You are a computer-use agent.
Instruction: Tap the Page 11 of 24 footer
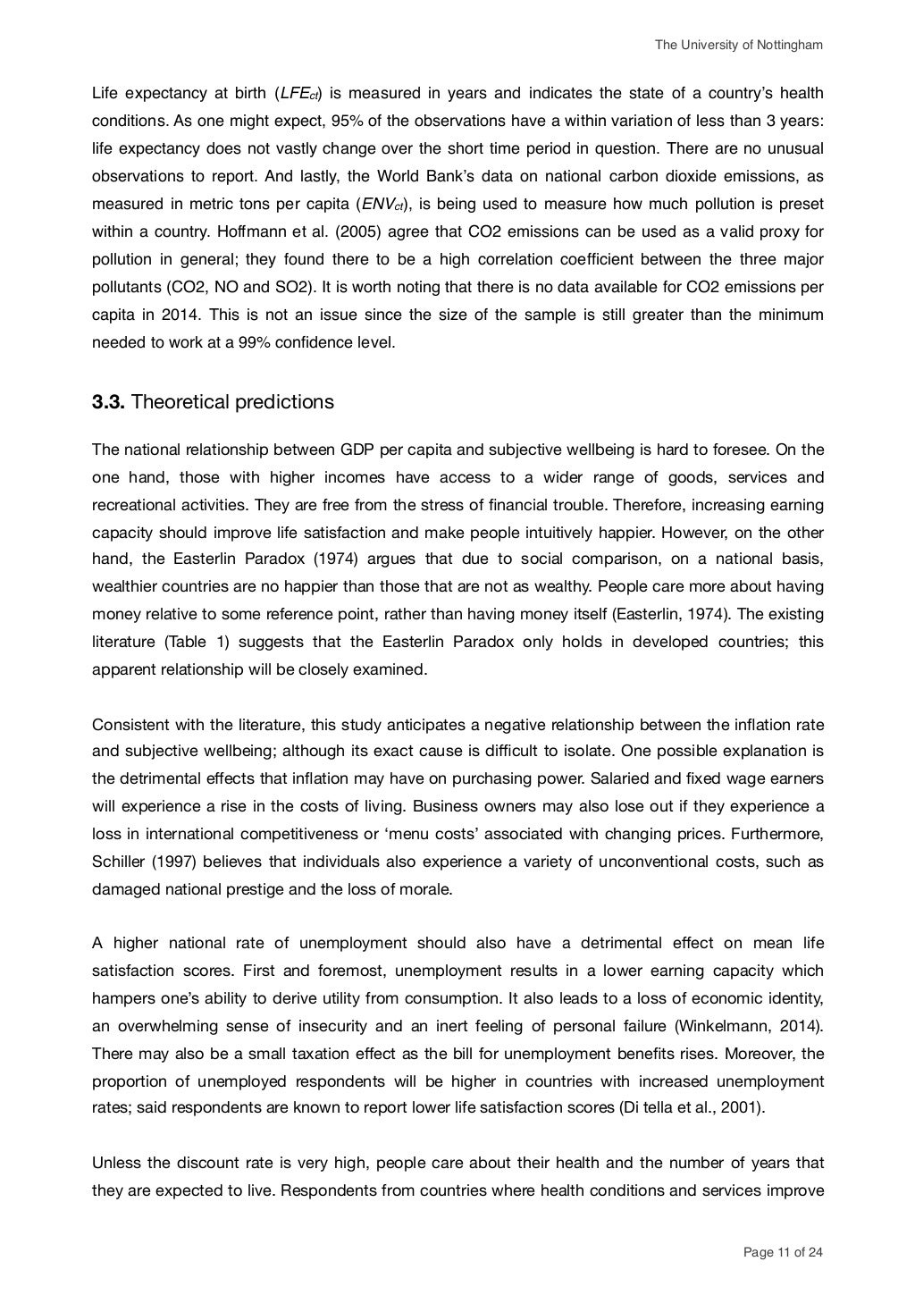point(783,1252)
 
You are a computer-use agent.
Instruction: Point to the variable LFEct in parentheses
point(300,94)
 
